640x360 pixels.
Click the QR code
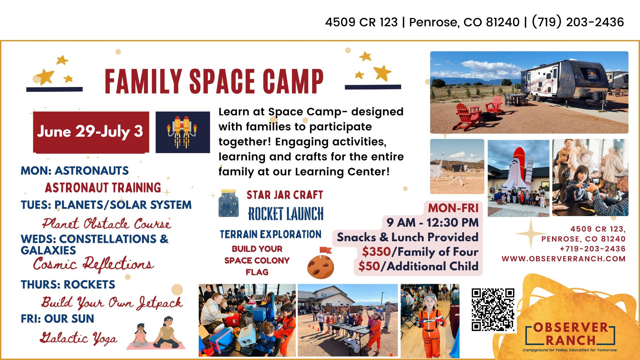pyautogui.click(x=493, y=310)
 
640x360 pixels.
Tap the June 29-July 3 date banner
pyautogui.click(x=91, y=132)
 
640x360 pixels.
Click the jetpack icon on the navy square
pyautogui.click(x=182, y=132)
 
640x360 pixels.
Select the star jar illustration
pyautogui.click(x=229, y=203)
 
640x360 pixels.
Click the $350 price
pyautogui.click(x=376, y=252)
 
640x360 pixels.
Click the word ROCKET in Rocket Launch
pyautogui.click(x=265, y=214)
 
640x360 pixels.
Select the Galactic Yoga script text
pyautogui.click(x=79, y=338)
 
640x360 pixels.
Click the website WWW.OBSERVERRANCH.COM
pyautogui.click(x=563, y=259)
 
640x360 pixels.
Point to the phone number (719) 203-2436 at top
pyautogui.click(x=578, y=22)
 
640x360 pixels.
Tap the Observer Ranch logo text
pyautogui.click(x=570, y=334)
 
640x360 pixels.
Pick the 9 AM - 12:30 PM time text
pyautogui.click(x=433, y=222)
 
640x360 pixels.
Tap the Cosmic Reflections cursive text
pyautogui.click(x=93, y=264)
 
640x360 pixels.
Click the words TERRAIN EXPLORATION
pyautogui.click(x=270, y=234)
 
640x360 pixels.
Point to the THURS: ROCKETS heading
pyautogui.click(x=68, y=285)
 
